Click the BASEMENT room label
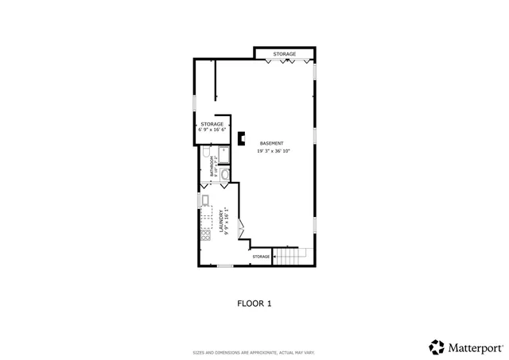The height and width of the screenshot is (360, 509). point(271,143)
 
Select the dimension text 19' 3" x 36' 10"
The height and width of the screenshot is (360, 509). point(273,151)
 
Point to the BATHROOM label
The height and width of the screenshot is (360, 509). point(212,166)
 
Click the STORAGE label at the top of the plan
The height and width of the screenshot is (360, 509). point(285,54)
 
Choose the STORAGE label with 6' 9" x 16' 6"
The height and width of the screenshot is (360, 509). point(212,124)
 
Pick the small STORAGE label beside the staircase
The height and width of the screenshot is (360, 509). point(261,257)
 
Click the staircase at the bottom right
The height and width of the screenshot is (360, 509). point(289,256)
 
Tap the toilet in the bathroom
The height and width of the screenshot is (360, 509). point(205,152)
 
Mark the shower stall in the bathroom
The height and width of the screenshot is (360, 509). point(224,153)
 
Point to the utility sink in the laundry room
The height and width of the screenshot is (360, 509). point(204,199)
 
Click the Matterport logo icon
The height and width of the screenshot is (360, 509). point(437,346)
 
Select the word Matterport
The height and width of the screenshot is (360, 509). point(475,347)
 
